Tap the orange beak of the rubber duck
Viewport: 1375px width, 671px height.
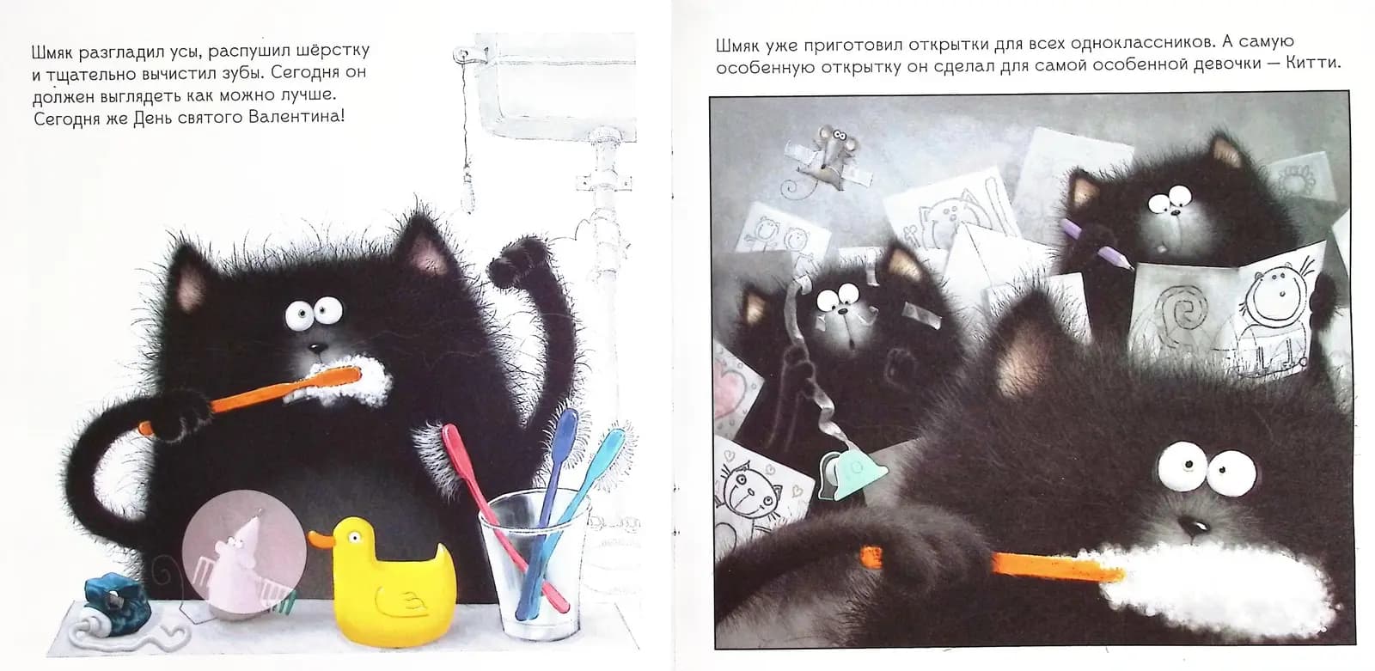[x=321, y=539]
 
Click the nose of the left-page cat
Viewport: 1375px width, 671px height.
[x=316, y=348]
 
